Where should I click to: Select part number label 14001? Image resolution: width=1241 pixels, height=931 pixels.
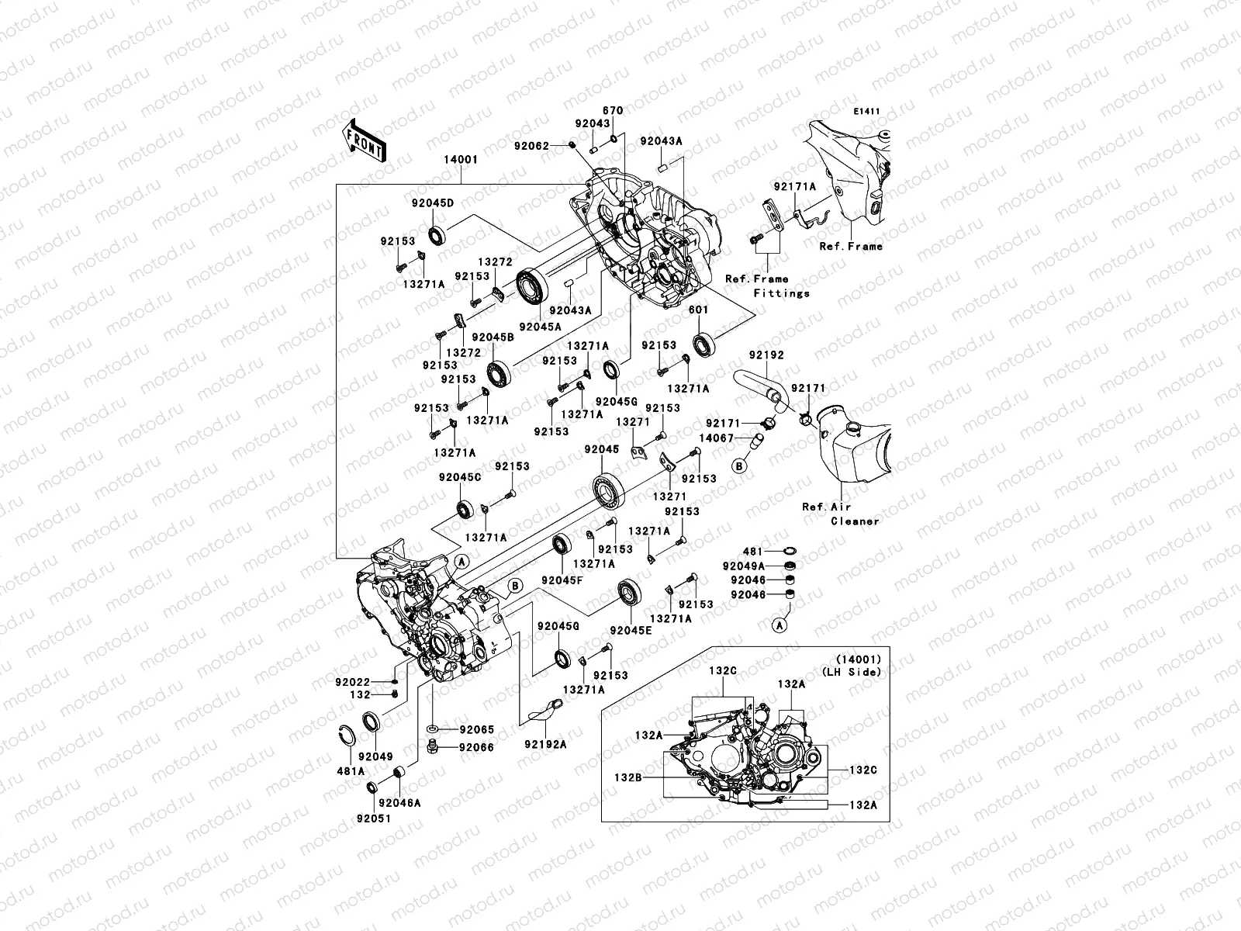461,160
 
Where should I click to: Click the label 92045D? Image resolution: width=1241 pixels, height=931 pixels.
432,203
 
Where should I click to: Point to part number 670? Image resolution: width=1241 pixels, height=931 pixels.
613,112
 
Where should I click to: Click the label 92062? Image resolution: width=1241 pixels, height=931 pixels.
553,146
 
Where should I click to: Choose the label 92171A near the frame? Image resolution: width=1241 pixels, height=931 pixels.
794,187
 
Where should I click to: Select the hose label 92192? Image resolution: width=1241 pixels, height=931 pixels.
766,355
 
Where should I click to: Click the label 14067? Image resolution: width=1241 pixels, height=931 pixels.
717,438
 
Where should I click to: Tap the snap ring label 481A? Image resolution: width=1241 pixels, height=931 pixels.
351,771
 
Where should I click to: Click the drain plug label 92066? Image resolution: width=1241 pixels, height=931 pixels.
476,747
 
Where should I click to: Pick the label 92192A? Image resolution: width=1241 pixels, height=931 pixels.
545,744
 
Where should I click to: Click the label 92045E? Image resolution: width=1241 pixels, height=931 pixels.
631,630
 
